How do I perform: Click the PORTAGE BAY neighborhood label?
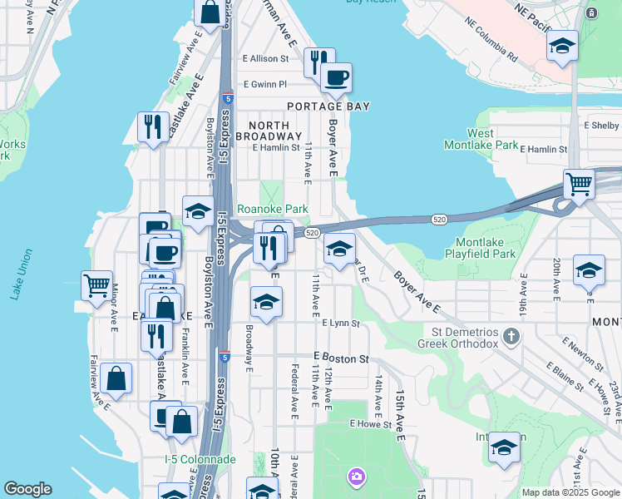click(x=328, y=106)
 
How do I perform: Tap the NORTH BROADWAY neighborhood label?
click(x=268, y=130)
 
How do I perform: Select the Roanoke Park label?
click(x=273, y=210)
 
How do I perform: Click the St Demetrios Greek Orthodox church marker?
click(x=511, y=337)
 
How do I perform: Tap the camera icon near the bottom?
click(x=356, y=477)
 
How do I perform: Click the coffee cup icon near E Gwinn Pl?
click(x=336, y=78)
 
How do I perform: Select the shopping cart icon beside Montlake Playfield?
click(x=579, y=184)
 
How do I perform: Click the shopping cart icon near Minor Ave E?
click(x=97, y=286)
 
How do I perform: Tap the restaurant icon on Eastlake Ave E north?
click(x=153, y=126)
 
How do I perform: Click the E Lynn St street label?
click(x=339, y=323)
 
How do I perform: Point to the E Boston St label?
click(x=341, y=358)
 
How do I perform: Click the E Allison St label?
click(x=265, y=58)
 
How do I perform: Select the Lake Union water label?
click(x=17, y=283)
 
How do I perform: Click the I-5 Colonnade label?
click(x=200, y=459)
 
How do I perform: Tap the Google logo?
click(x=27, y=489)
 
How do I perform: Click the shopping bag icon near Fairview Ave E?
click(x=118, y=378)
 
